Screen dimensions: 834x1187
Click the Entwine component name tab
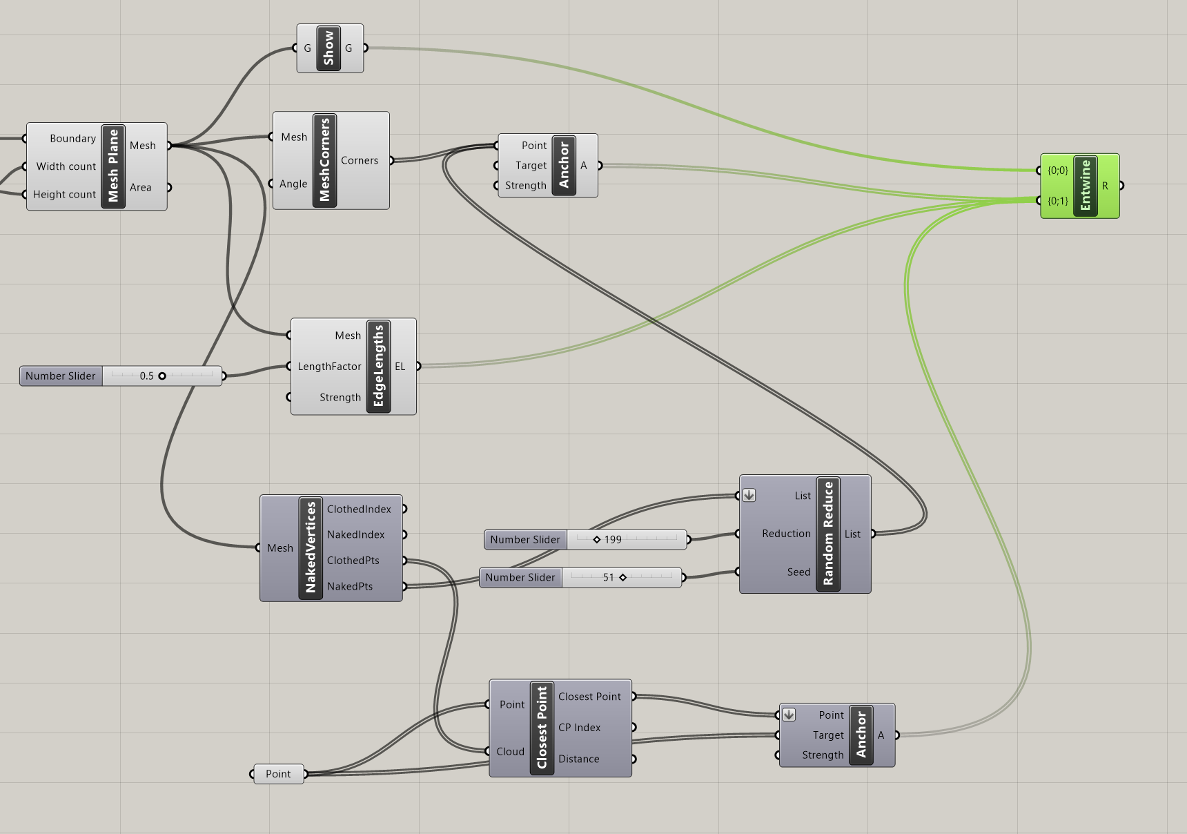point(1086,186)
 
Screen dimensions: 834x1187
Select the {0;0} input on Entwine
point(1057,171)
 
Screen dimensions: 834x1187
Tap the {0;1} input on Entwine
point(1057,201)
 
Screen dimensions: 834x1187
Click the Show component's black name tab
point(328,48)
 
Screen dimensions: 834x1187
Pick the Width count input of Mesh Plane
point(66,166)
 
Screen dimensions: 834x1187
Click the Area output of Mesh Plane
point(141,187)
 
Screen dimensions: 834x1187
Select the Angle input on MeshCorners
point(293,184)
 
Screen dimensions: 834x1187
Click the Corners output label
point(360,160)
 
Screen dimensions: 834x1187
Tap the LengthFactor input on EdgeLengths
point(329,367)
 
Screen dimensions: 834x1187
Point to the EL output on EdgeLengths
point(400,367)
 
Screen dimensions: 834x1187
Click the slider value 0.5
point(146,376)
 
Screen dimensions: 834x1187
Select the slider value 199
point(613,540)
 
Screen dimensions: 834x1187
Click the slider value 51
point(608,578)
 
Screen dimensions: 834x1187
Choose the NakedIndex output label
point(355,534)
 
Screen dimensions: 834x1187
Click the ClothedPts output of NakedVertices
point(353,561)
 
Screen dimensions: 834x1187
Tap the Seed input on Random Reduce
point(798,572)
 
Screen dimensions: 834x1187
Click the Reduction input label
point(786,534)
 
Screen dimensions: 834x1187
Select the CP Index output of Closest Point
point(579,728)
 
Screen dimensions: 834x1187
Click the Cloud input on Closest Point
point(510,751)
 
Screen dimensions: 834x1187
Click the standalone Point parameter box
point(278,774)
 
